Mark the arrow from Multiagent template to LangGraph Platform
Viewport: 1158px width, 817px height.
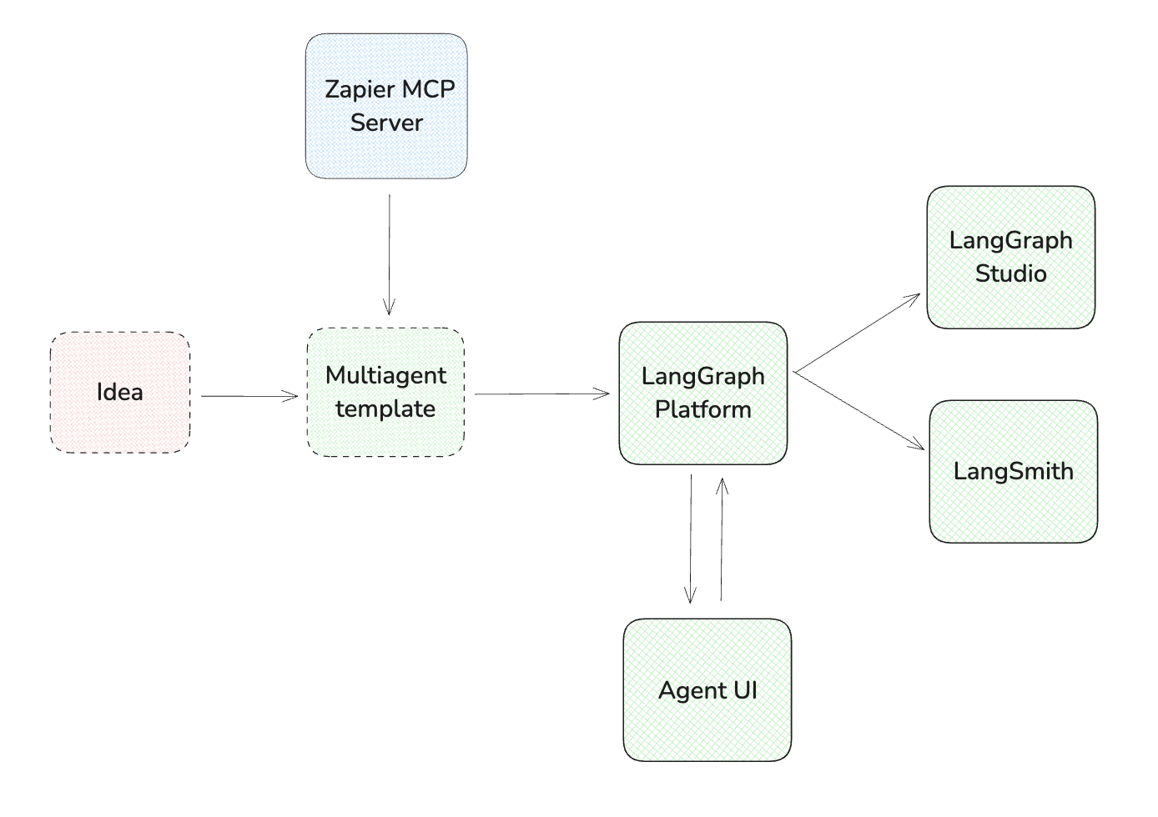[542, 394]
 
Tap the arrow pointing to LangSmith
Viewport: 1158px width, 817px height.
[859, 411]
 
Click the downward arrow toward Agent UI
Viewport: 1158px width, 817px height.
[691, 539]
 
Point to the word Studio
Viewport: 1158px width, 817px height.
[1010, 273]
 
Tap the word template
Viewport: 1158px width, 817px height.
[385, 408]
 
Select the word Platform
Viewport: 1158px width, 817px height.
[702, 409]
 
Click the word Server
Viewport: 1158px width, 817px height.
[386, 123]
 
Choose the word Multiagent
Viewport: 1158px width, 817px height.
[385, 375]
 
